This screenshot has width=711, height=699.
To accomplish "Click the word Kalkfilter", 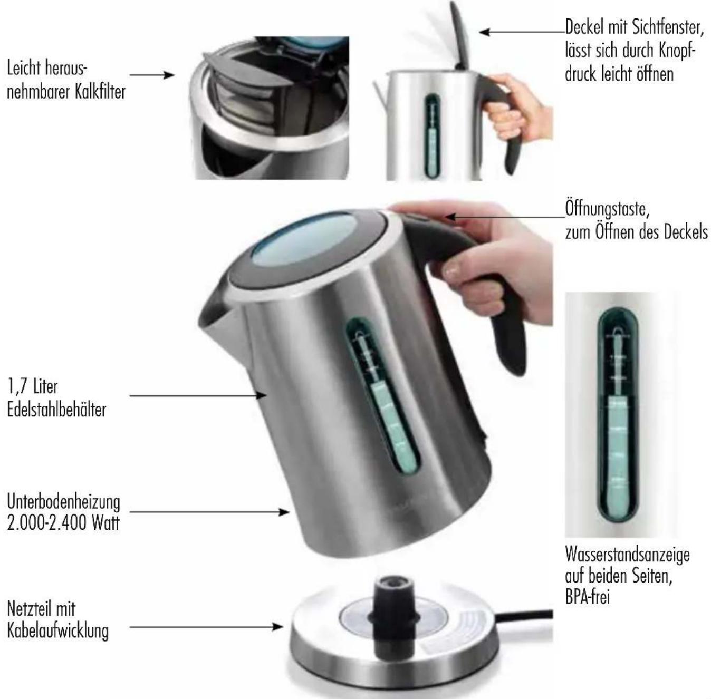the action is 100,92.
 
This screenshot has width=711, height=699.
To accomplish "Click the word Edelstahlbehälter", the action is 56,410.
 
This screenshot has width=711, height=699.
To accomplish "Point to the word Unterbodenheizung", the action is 63,502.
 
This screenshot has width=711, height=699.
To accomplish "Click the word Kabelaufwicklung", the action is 57,630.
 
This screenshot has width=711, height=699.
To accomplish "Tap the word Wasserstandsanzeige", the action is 627,566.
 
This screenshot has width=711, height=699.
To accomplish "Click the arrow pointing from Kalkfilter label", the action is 152,75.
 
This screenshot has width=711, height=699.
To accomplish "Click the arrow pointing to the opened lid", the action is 522,32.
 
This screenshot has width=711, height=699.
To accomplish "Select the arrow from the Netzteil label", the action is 206,627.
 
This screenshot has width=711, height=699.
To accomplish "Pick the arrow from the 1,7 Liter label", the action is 198,396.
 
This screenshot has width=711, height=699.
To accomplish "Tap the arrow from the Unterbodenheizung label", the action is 209,512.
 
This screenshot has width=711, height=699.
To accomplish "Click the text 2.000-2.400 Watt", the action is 63,523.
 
